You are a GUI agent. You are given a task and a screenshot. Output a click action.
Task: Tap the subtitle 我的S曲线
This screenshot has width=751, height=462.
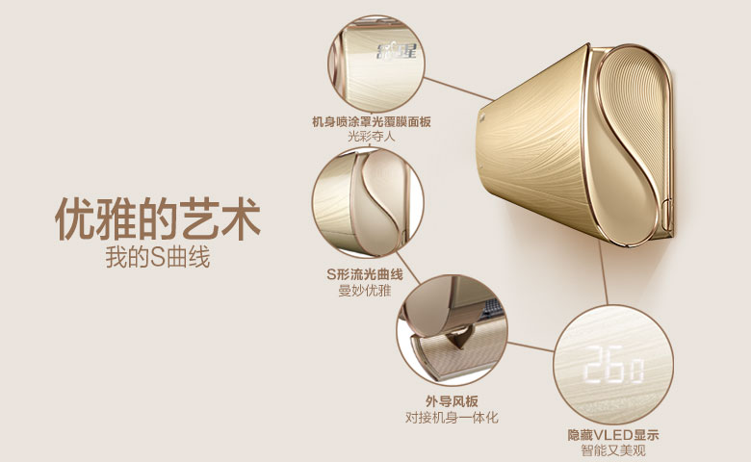tap(158, 258)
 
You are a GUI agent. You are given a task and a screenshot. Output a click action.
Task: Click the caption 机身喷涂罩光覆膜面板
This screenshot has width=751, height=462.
tap(372, 121)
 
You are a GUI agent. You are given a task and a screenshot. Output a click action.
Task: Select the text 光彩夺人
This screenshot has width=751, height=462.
tap(372, 137)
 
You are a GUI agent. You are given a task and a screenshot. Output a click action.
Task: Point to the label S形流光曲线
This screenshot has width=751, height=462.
tap(365, 275)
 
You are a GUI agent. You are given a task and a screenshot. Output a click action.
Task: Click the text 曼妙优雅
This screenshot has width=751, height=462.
tap(365, 291)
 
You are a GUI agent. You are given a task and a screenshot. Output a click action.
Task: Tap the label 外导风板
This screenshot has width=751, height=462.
tap(452, 401)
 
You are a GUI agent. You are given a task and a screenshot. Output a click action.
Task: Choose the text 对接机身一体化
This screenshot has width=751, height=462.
tap(452, 418)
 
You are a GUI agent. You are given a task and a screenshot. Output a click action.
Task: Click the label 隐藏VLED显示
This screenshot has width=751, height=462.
tap(613, 435)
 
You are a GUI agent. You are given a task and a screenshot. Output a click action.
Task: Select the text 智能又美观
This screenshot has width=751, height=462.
tap(613, 450)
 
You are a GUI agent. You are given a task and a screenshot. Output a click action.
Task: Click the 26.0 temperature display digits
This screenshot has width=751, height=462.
tap(613, 365)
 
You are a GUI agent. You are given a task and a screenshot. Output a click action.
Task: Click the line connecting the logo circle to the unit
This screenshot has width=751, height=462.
tap(458, 90)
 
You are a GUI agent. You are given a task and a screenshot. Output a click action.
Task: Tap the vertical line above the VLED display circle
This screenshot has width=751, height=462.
tap(604, 272)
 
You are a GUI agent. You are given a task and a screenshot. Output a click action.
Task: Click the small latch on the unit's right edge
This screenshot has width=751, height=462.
tap(667, 215)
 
